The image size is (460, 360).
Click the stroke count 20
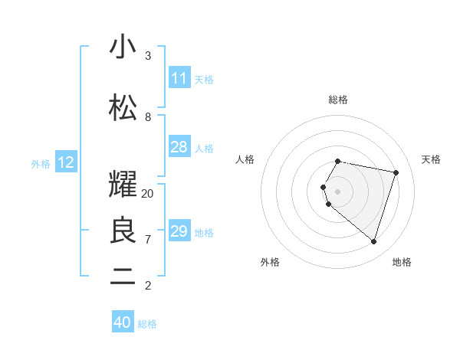pyautogui.click(x=148, y=194)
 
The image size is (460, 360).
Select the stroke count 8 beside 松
pyautogui.click(x=148, y=117)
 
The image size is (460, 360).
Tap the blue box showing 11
pyautogui.click(x=179, y=78)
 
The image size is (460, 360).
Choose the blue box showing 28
pyautogui.click(x=179, y=147)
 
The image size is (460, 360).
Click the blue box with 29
pyautogui.click(x=179, y=231)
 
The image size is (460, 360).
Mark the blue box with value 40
pyautogui.click(x=123, y=322)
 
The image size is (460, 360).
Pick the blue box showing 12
pyautogui.click(x=66, y=162)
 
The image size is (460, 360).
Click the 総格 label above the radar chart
pyautogui.click(x=338, y=100)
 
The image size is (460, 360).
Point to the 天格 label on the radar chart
pyautogui.click(x=431, y=159)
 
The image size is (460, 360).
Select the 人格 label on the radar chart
pyautogui.click(x=245, y=159)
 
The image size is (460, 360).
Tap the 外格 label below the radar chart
pyautogui.click(x=270, y=262)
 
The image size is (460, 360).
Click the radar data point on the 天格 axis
pyautogui.click(x=396, y=172)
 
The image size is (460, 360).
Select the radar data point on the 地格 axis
pyautogui.click(x=373, y=241)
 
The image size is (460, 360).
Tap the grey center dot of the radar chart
pyautogui.click(x=338, y=191)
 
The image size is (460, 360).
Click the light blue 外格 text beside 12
pyautogui.click(x=41, y=163)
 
